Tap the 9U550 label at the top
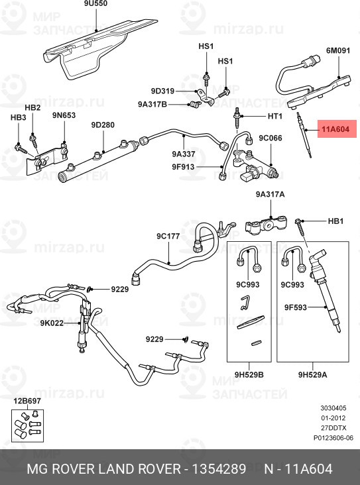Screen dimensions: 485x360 pyautogui.click(x=95, y=5)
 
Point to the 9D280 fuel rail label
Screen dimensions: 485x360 pyautogui.click(x=103, y=125)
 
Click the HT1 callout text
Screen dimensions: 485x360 pyautogui.click(x=275, y=116)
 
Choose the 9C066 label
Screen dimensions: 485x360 pyautogui.click(x=270, y=138)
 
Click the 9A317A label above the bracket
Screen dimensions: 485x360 pyautogui.click(x=270, y=195)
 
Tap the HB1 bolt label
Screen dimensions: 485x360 pyautogui.click(x=336, y=220)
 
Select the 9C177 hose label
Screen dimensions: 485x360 pyautogui.click(x=168, y=236)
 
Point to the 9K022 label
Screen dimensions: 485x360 pyautogui.click(x=50, y=323)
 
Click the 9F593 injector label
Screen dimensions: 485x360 pyautogui.click(x=294, y=307)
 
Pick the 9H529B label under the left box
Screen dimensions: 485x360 pyautogui.click(x=249, y=375)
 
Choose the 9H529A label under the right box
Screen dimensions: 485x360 pyautogui.click(x=312, y=375)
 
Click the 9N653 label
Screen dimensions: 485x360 pyautogui.click(x=64, y=115)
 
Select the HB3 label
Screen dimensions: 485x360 pyautogui.click(x=18, y=117)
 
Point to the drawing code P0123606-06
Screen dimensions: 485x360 pyautogui.click(x=333, y=437)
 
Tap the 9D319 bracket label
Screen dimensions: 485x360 pyautogui.click(x=162, y=91)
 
